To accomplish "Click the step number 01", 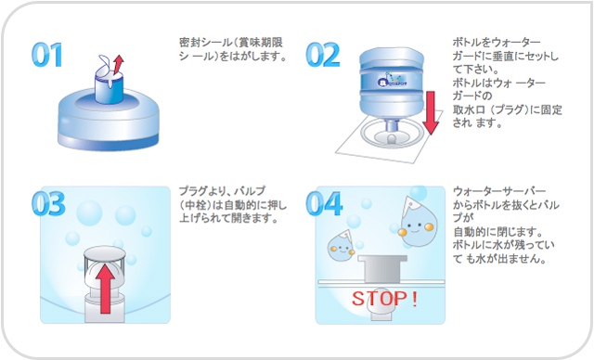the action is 47,55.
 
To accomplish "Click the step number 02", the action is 323,55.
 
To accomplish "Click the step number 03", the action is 48,203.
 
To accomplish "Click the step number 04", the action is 324,203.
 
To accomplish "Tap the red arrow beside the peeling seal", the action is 119,65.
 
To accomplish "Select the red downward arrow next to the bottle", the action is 431,113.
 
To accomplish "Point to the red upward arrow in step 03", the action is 105,289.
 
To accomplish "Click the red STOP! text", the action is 384,299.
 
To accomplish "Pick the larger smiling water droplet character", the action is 418,222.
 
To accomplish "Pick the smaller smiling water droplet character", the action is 342,245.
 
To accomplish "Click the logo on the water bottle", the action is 392,80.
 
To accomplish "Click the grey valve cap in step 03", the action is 105,253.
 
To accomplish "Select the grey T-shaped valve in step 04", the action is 382,269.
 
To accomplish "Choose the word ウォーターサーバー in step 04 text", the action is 499,191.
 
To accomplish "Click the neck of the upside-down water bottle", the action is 392,125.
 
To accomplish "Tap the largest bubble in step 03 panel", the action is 89,212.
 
